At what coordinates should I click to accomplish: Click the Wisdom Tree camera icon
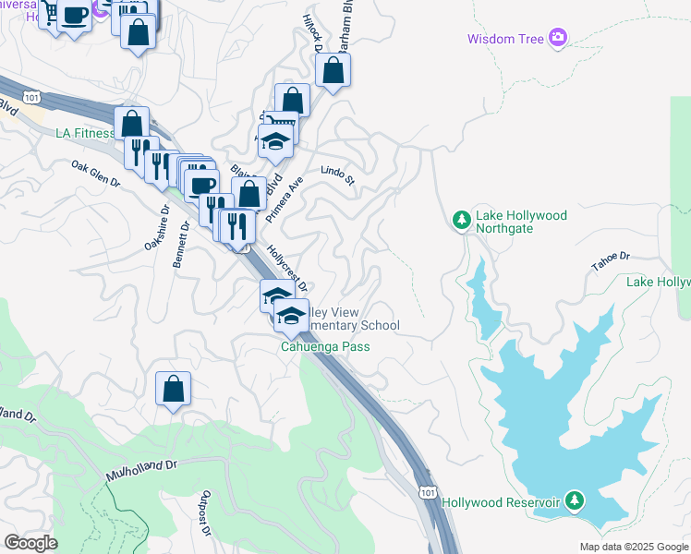pos(558,38)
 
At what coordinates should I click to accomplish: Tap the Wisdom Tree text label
pos(506,39)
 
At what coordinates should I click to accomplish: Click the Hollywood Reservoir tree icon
pos(575,501)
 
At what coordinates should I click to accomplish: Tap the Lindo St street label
pos(337,173)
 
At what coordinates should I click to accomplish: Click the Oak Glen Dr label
pos(96,174)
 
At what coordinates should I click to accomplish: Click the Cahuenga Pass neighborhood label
pos(325,347)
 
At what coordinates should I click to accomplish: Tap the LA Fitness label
pos(85,133)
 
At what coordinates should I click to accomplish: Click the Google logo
pos(30,542)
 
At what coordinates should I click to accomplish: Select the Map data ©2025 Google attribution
pos(633,547)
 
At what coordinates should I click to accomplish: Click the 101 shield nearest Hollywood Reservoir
pos(427,486)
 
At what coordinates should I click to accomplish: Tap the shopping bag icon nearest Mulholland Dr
pos(173,389)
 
